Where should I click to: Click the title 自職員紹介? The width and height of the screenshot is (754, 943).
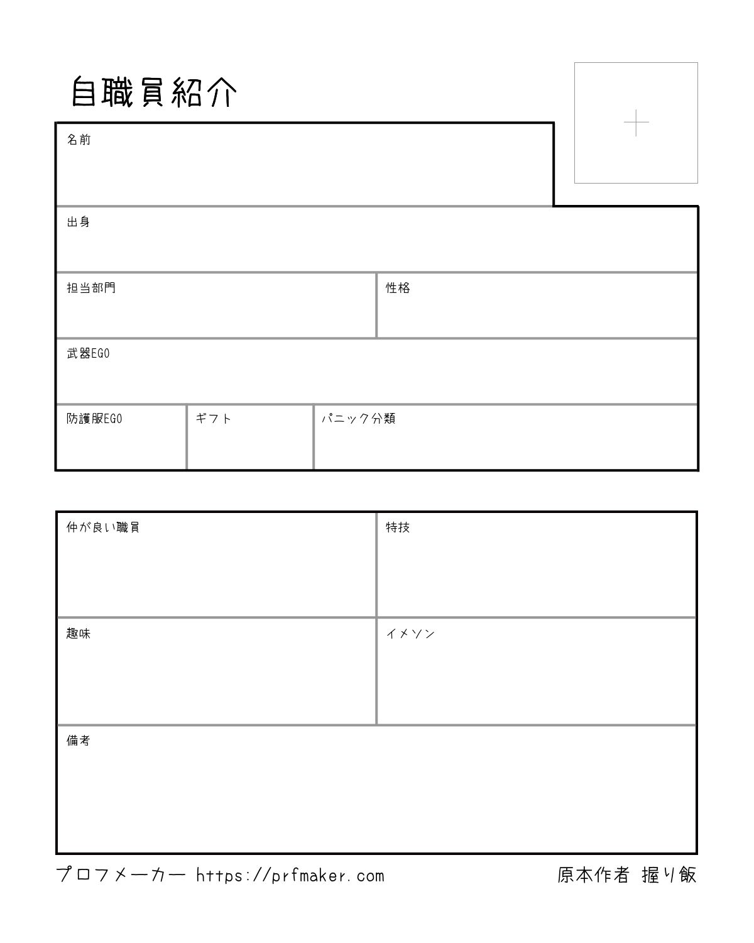[x=154, y=93]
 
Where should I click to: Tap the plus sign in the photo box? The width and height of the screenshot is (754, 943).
[x=636, y=123]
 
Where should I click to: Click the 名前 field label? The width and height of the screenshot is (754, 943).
[x=79, y=140]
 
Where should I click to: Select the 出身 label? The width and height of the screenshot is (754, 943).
[x=79, y=222]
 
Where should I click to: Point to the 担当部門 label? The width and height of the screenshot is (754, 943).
[x=91, y=288]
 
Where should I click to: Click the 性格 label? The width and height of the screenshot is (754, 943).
[x=398, y=288]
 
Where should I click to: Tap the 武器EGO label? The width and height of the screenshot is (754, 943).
[x=88, y=353]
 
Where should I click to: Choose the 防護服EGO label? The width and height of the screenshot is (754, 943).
[x=94, y=419]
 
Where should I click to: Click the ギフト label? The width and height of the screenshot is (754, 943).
[x=214, y=419]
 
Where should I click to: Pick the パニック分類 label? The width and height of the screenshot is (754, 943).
[x=358, y=419]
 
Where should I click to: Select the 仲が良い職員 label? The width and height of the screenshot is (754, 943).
[x=103, y=527]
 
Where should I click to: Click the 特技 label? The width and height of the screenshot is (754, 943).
[x=398, y=527]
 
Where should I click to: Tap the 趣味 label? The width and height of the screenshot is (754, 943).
[x=79, y=634]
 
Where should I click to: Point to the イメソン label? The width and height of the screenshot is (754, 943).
[x=410, y=634]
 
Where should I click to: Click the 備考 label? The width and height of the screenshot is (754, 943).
[x=79, y=741]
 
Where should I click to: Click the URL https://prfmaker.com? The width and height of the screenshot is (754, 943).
[x=290, y=876]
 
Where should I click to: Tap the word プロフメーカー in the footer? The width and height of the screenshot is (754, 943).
[x=121, y=875]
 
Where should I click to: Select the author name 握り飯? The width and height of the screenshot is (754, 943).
[x=669, y=874]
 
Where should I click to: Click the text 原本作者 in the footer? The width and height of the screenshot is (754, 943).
[x=593, y=874]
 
